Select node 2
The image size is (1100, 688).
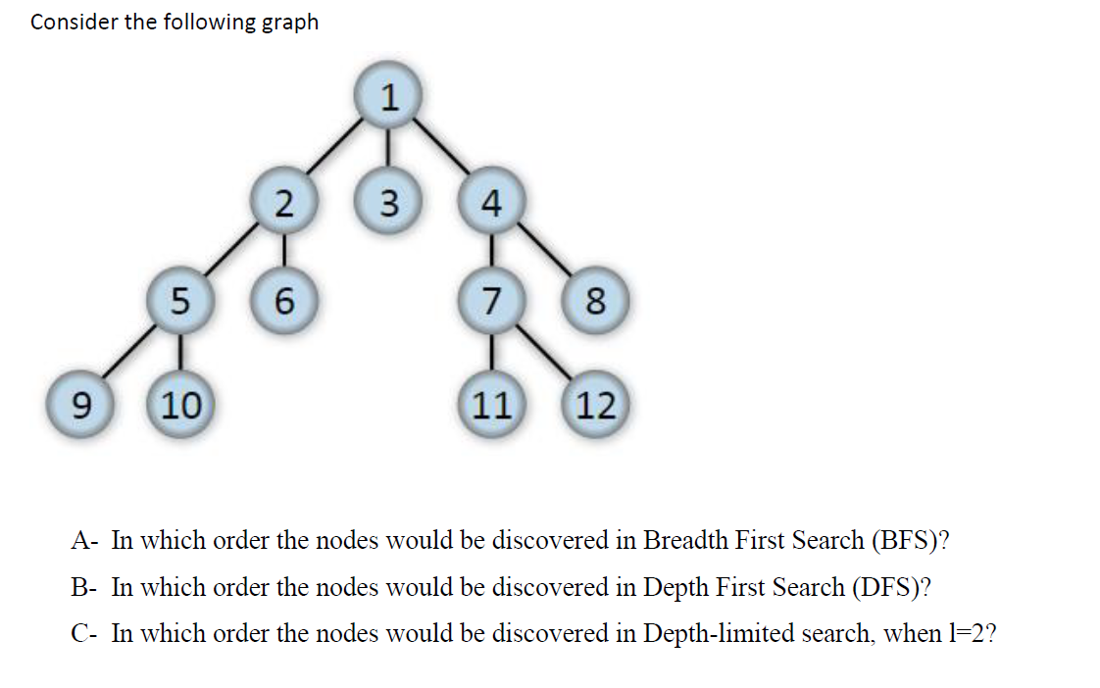tap(283, 203)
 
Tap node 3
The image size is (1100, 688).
tap(389, 203)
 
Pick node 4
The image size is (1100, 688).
tap(492, 203)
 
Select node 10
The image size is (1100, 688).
tap(179, 404)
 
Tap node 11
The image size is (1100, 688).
tap(492, 404)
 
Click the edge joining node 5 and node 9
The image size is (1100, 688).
tap(125, 354)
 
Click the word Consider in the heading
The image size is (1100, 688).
tap(74, 22)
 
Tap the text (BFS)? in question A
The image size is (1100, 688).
tap(911, 540)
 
